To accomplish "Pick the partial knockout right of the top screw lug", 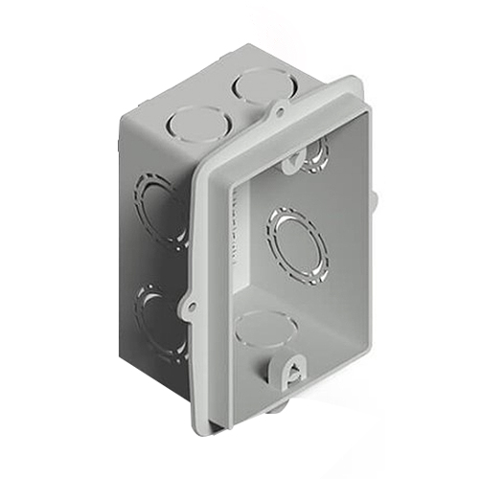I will pyautogui.click(x=316, y=153).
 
